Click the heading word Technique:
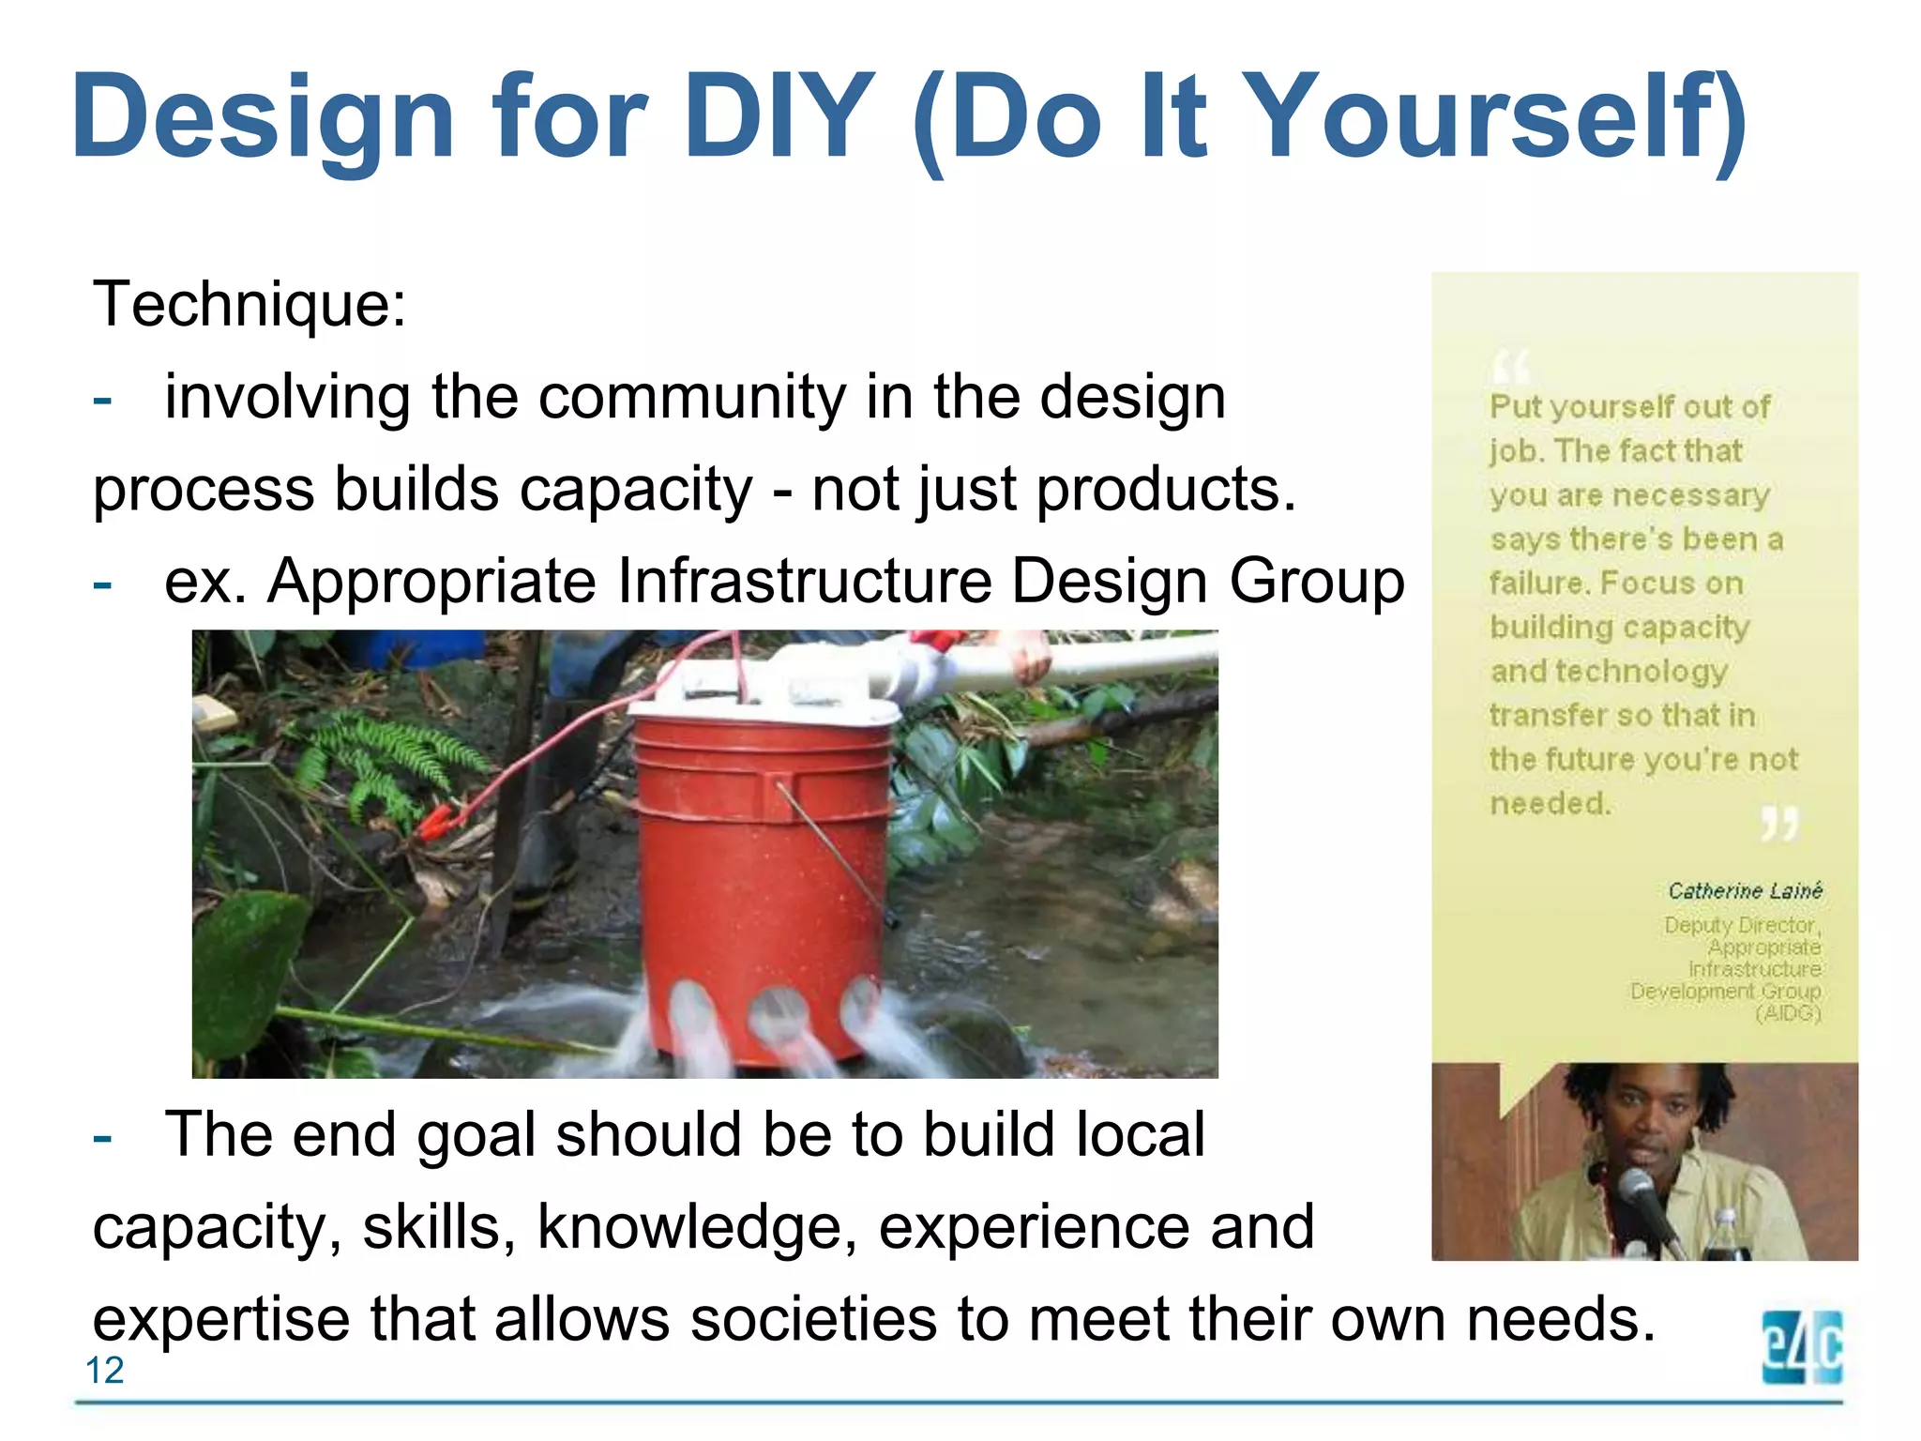click(x=250, y=304)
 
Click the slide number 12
click(x=104, y=1371)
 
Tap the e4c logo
click(x=1802, y=1347)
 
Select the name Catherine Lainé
click(x=1745, y=890)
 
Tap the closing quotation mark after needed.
click(x=1778, y=823)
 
